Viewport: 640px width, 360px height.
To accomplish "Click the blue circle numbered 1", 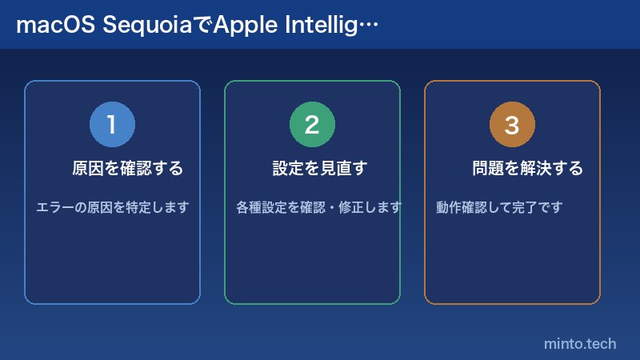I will (112, 125).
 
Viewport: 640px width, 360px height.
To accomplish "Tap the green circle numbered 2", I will (312, 125).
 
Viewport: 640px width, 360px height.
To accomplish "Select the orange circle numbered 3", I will (512, 125).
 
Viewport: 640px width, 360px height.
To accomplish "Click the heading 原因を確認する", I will (128, 169).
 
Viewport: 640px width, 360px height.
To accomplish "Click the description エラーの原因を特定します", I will (112, 208).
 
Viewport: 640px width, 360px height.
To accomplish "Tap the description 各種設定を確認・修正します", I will (318, 208).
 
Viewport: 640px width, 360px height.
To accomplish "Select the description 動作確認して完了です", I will (499, 208).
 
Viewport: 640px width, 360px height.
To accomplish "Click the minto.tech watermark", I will (580, 344).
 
